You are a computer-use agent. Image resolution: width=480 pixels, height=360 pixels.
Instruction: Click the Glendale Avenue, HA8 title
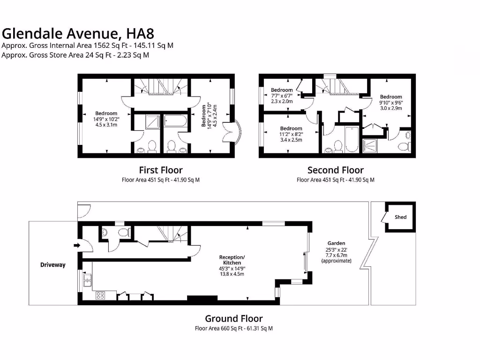click(78, 33)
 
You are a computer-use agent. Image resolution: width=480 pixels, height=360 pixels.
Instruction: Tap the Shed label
click(400, 217)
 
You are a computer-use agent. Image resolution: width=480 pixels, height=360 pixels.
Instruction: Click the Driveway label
click(52, 265)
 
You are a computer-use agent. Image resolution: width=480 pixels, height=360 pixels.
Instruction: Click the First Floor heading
click(161, 170)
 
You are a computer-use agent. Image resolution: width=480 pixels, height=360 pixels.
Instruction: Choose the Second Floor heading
click(335, 170)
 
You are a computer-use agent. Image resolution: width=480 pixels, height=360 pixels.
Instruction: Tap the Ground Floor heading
click(233, 318)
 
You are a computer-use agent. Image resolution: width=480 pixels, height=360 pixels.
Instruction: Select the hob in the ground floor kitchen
click(100, 295)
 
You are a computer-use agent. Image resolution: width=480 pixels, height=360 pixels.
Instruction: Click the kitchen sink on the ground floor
click(87, 281)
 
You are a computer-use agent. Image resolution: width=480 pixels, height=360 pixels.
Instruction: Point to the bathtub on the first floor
click(175, 122)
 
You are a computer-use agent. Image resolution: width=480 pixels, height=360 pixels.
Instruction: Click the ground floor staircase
click(171, 233)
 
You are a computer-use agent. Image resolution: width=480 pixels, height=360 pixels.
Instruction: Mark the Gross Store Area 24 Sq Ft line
click(75, 55)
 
